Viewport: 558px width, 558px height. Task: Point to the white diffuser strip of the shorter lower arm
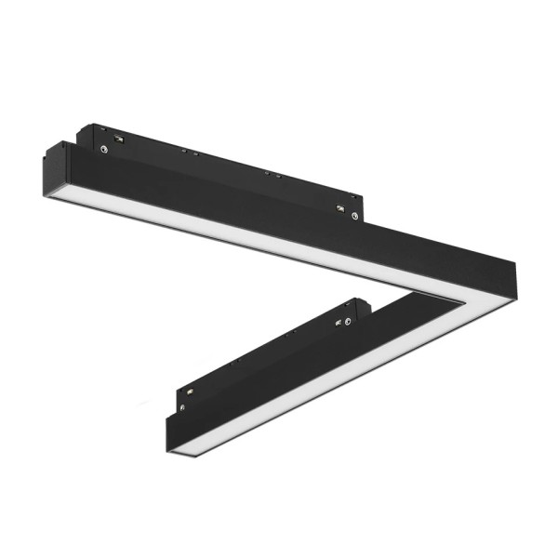[x=307, y=381]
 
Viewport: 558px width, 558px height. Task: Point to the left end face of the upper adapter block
[x=85, y=138]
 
